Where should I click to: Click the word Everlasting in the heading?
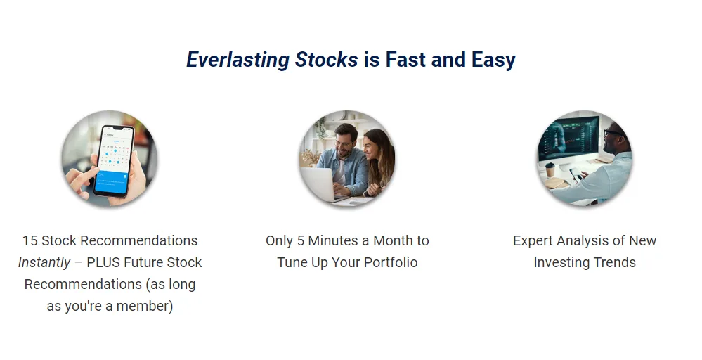[238, 60]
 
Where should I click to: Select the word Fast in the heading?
[405, 59]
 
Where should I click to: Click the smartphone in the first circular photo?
[114, 160]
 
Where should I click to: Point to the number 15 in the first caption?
[30, 241]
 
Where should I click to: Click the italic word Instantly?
[44, 263]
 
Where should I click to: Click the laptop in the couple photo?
[318, 184]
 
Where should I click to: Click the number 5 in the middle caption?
[301, 241]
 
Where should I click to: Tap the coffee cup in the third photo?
[550, 170]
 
